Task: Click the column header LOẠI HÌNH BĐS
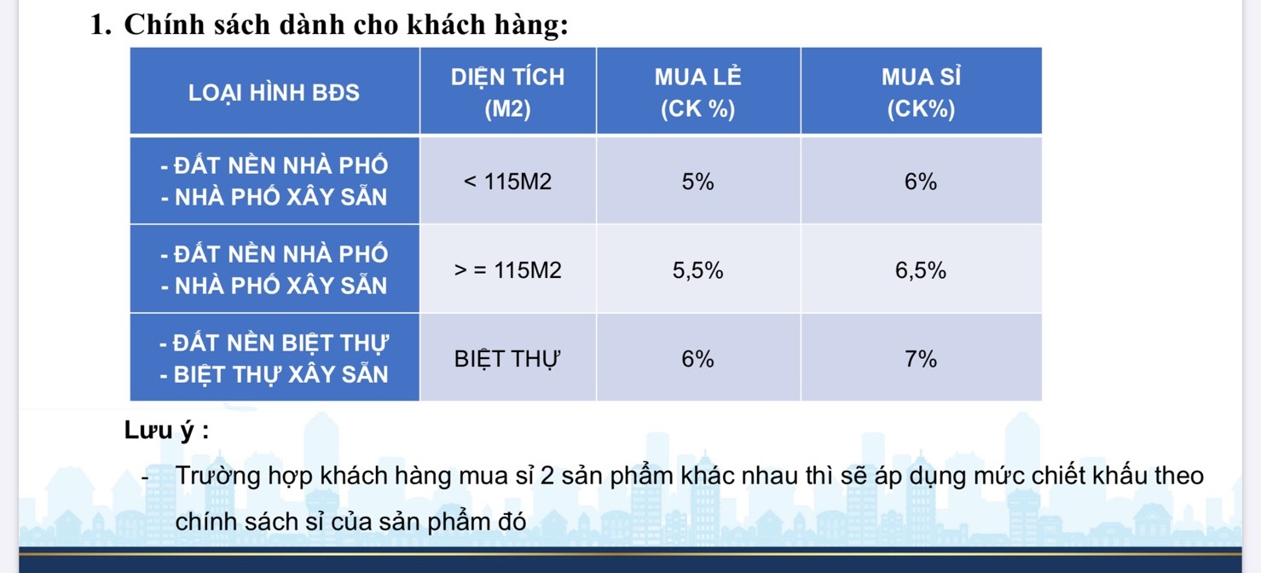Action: pyautogui.click(x=274, y=93)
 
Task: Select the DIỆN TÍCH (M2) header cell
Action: pyautogui.click(x=508, y=92)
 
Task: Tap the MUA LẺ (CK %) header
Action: pyautogui.click(x=698, y=92)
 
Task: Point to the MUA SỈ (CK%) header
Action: pyautogui.click(x=921, y=92)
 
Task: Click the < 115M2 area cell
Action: pyautogui.click(x=508, y=182)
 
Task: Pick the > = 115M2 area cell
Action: pyautogui.click(x=508, y=270)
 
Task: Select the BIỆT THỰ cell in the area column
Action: pyautogui.click(x=507, y=359)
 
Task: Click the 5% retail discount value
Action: pyautogui.click(x=698, y=182)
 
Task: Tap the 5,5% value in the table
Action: pyautogui.click(x=698, y=271)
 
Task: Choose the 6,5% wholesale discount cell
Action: pyautogui.click(x=921, y=271)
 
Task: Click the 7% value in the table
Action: pyautogui.click(x=921, y=359)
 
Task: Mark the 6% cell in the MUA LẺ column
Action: pyautogui.click(x=698, y=359)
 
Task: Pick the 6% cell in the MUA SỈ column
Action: pyautogui.click(x=921, y=182)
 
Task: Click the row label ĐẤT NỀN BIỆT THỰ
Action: pyautogui.click(x=281, y=343)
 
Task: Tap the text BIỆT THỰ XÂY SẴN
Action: pyautogui.click(x=281, y=374)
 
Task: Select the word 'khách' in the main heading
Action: pyautogui.click(x=446, y=25)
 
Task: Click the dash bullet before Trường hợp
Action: pyautogui.click(x=145, y=477)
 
